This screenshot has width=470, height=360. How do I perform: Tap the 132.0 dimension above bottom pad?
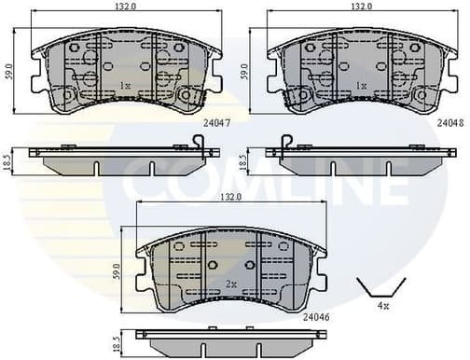pyautogui.click(x=230, y=198)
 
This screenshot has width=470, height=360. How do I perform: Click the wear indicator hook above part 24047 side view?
pyautogui.click(x=198, y=143)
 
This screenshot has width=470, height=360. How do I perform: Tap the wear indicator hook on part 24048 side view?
pyautogui.click(x=287, y=143)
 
